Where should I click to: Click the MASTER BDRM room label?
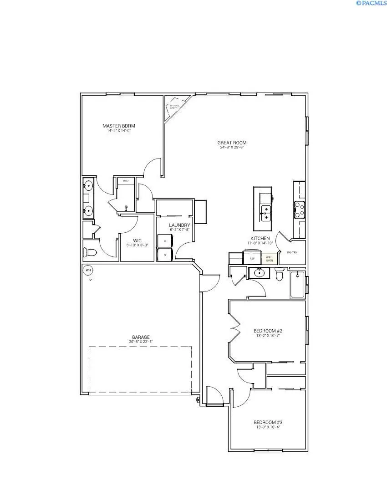click(x=118, y=126)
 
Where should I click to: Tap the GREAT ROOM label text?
click(x=232, y=143)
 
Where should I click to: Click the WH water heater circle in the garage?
click(x=88, y=270)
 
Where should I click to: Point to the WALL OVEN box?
click(x=270, y=259)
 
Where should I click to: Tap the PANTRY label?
click(x=291, y=251)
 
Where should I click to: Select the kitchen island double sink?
click(x=265, y=212)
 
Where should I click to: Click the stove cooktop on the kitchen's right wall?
click(x=300, y=210)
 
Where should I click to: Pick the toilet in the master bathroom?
click(x=90, y=252)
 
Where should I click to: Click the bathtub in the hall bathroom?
click(x=298, y=285)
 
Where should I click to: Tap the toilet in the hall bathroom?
click(x=280, y=275)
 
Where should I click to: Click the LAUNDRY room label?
click(x=179, y=225)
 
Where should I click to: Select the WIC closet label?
click(x=137, y=240)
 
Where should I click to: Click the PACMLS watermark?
click(x=371, y=3)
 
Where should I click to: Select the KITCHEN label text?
click(x=260, y=238)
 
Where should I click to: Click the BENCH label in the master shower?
click(x=126, y=181)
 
